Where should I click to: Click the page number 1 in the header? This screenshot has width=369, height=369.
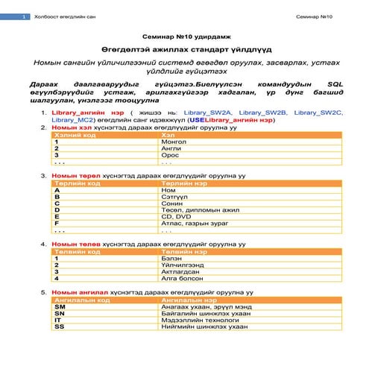(x=25, y=16)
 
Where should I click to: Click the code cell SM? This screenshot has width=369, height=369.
(x=60, y=306)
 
